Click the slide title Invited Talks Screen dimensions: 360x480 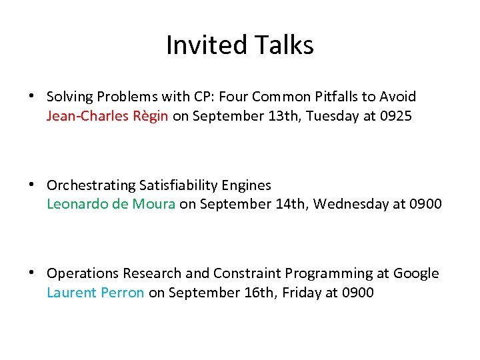(x=240, y=45)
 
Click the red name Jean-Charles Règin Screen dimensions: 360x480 (x=107, y=116)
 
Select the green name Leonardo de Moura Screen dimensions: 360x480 (x=111, y=204)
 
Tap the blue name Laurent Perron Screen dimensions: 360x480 (x=95, y=292)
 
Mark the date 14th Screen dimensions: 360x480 (x=291, y=204)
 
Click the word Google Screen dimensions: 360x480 (x=416, y=273)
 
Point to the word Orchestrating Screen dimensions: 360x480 (x=91, y=185)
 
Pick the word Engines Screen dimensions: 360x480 (x=249, y=185)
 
